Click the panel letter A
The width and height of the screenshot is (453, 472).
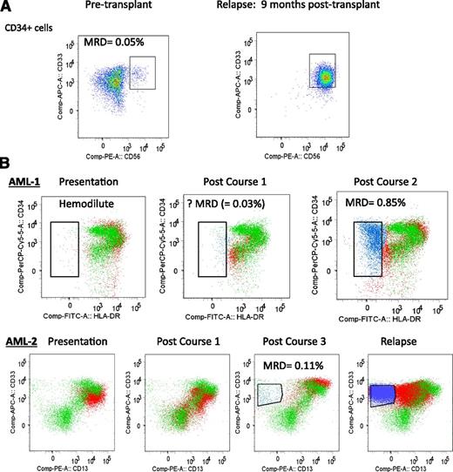coord(8,8)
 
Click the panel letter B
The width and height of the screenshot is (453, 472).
coord(8,163)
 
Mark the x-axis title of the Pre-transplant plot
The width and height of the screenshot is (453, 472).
coord(130,147)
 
